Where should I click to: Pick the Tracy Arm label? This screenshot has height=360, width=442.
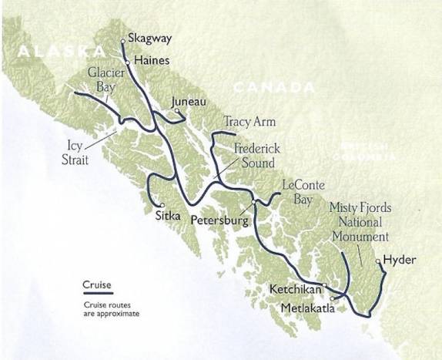tap(249, 122)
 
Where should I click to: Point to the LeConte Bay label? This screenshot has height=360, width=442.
tap(303, 193)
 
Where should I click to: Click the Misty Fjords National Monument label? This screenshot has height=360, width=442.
tap(358, 222)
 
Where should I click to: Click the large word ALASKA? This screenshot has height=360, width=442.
tap(59, 52)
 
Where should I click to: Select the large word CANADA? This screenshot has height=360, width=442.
tap(267, 89)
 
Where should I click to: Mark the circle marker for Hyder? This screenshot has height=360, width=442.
tap(378, 261)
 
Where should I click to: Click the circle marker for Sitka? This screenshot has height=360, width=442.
tap(162, 206)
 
